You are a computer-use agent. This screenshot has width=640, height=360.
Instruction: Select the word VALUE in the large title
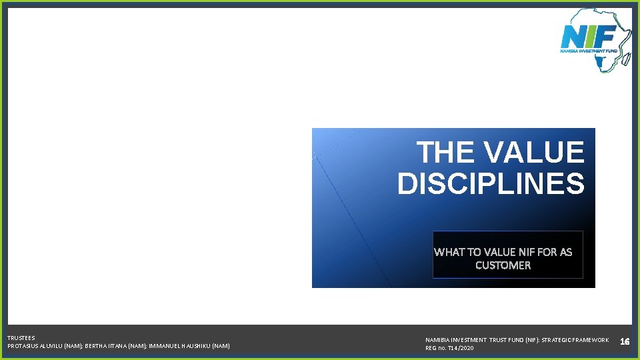point(533,153)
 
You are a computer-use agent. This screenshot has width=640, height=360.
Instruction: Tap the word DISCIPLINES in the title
point(491,183)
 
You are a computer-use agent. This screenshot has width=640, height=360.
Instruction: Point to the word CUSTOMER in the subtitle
point(503,265)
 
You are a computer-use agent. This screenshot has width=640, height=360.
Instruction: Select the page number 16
point(625,342)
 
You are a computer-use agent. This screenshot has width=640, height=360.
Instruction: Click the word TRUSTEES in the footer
point(21,338)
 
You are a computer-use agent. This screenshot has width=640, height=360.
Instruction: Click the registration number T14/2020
point(459,348)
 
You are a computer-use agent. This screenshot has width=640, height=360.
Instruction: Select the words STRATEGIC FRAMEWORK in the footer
point(575,340)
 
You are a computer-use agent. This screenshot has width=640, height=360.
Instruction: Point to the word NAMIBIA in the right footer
point(438,340)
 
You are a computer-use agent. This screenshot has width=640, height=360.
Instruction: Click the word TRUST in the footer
point(499,340)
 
